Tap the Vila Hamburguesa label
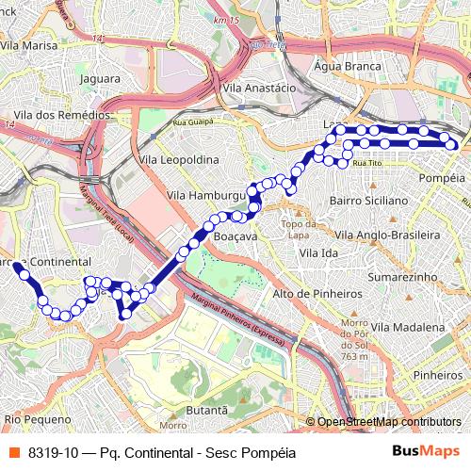tap(206, 194)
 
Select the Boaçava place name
tap(235, 236)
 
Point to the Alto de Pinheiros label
tap(317, 294)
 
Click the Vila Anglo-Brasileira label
tap(388, 234)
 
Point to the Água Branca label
tap(348, 67)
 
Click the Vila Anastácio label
tap(260, 87)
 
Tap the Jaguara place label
tap(101, 79)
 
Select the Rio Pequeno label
tap(38, 418)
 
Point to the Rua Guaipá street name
tap(193, 122)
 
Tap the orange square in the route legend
tap(13, 452)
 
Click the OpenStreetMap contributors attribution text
tap(389, 421)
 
